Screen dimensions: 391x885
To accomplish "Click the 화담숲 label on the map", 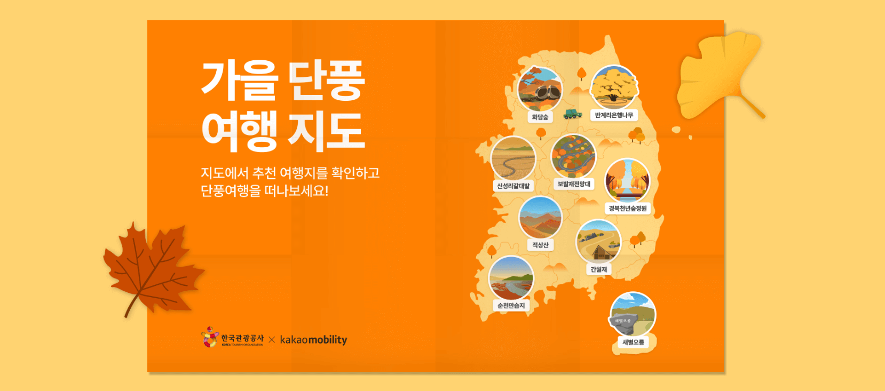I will pos(540,117).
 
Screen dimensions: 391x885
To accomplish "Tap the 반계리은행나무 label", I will pos(614,115).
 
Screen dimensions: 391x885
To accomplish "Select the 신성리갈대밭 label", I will pos(513,186).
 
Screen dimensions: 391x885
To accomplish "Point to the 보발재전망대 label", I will pos(574,184).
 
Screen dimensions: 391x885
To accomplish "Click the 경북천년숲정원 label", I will pos(628,208).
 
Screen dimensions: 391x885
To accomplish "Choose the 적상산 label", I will pos(540,245).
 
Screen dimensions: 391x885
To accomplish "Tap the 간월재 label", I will pos(598,269).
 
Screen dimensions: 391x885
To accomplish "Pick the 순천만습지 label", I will pos(511,306).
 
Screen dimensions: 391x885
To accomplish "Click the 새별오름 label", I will pos(633,342).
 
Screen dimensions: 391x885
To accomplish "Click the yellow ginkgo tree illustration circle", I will pos(614,87).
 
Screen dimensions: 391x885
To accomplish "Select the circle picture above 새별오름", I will pos(633,314).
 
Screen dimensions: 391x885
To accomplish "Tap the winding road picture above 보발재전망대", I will pos(573,156).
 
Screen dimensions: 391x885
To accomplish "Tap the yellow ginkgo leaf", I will pos(715,75).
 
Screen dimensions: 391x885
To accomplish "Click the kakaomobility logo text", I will pos(313,340).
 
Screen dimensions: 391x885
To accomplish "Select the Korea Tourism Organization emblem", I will pos(210,337).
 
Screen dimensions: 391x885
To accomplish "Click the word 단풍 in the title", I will pos(326,81).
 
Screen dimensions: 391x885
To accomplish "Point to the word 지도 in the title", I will pos(326,131).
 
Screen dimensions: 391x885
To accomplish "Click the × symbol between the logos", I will pos(272,340).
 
